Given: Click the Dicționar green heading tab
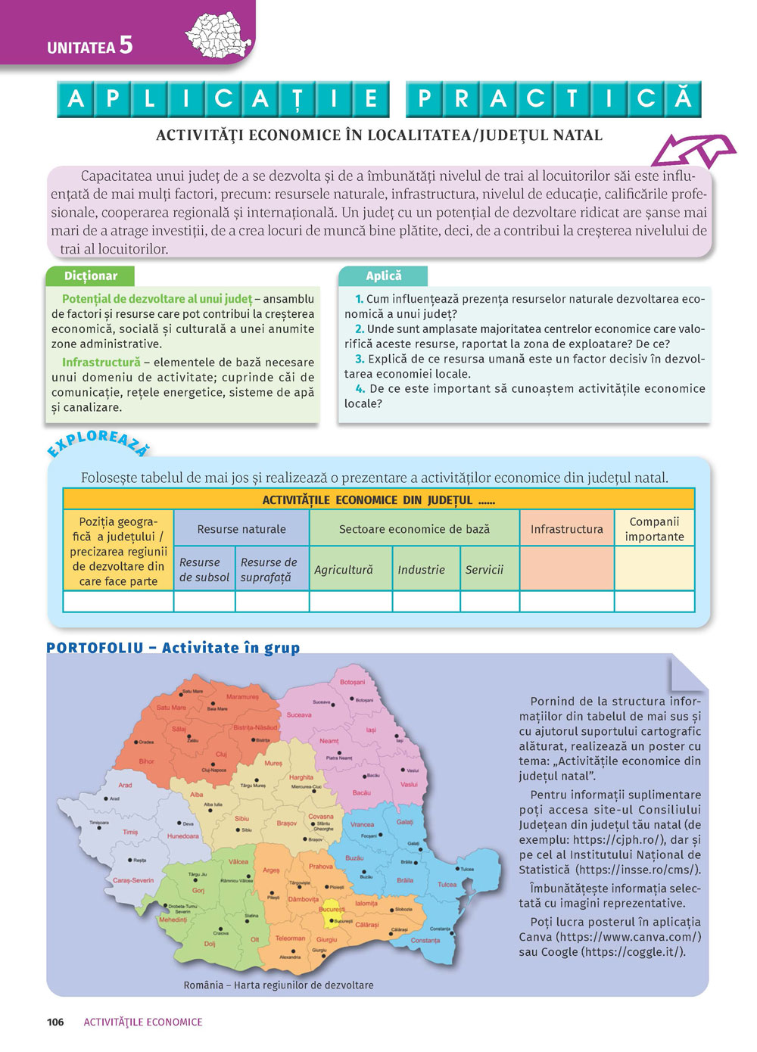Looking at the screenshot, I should (90, 276).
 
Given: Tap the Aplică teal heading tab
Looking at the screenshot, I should (383, 276).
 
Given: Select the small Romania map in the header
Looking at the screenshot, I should (219, 35).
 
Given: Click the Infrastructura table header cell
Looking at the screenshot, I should (566, 529).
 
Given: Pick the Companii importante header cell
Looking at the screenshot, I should (654, 529).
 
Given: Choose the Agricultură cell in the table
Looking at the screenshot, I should (344, 570).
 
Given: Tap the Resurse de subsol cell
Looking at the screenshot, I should (204, 570).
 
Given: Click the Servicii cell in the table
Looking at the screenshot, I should (484, 570).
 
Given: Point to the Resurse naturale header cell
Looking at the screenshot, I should (241, 529).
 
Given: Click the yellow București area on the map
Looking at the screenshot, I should (331, 919).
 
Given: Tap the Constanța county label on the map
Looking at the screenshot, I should (425, 941).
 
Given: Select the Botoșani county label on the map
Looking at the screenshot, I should (352, 682).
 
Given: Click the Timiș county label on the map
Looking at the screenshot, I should (130, 832).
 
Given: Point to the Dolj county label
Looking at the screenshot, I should (210, 944).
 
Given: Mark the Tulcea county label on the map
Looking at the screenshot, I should (447, 885).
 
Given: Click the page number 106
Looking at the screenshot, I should (55, 1022).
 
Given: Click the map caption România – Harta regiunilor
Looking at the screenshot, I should (278, 985).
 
